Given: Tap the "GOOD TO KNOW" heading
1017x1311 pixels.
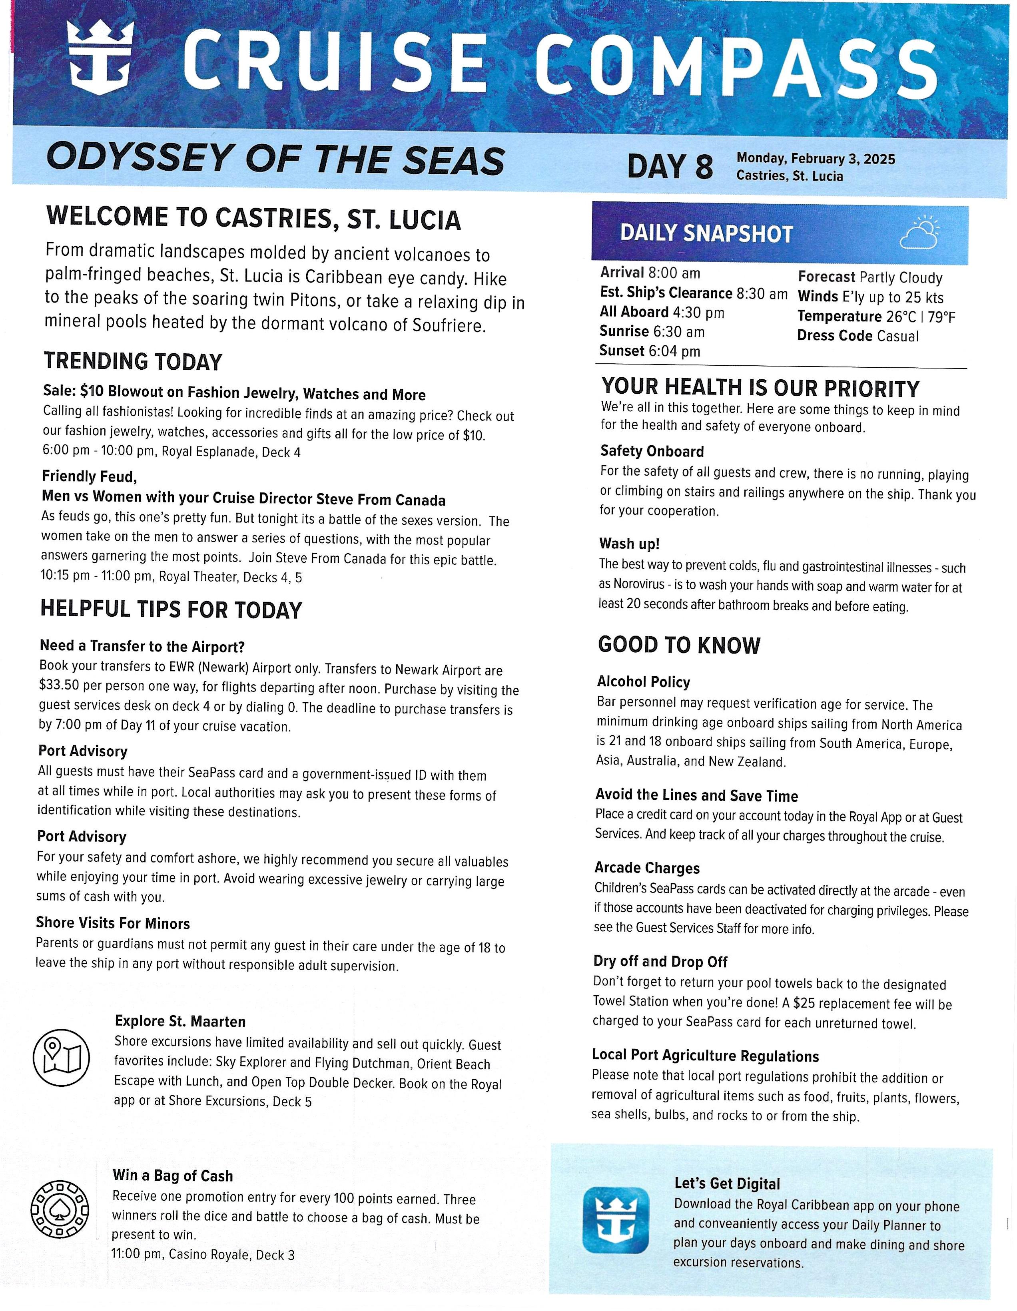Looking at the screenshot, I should (679, 645).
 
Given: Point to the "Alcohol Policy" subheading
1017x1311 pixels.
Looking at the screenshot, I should (644, 682).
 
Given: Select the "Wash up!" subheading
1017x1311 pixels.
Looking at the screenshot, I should (629, 544).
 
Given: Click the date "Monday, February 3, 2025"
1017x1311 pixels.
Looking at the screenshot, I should (815, 159).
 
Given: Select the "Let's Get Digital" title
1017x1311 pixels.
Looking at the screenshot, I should (727, 1184).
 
